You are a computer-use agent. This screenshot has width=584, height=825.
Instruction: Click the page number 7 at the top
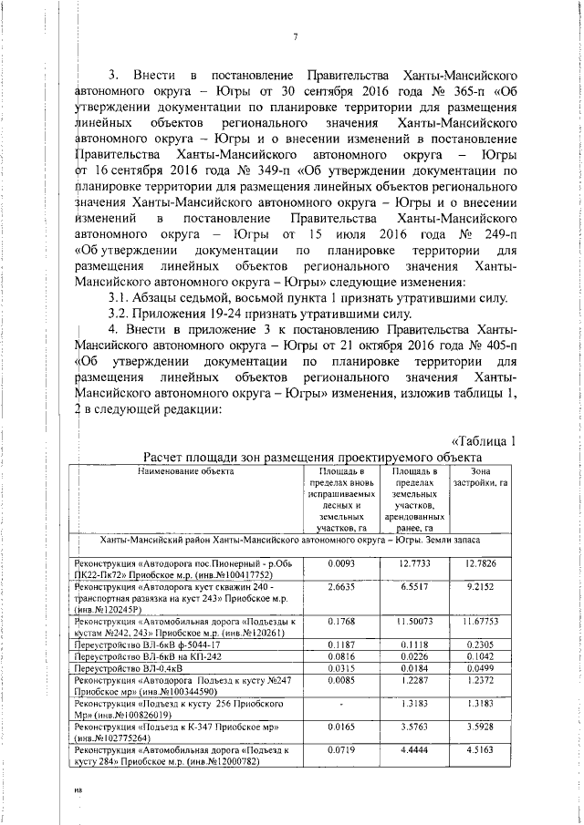pyautogui.click(x=297, y=37)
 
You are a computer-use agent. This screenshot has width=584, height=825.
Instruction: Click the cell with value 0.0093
pyautogui.click(x=340, y=563)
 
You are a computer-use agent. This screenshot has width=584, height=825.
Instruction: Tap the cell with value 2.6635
pyautogui.click(x=340, y=589)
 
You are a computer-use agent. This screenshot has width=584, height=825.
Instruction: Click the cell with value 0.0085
pyautogui.click(x=340, y=680)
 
